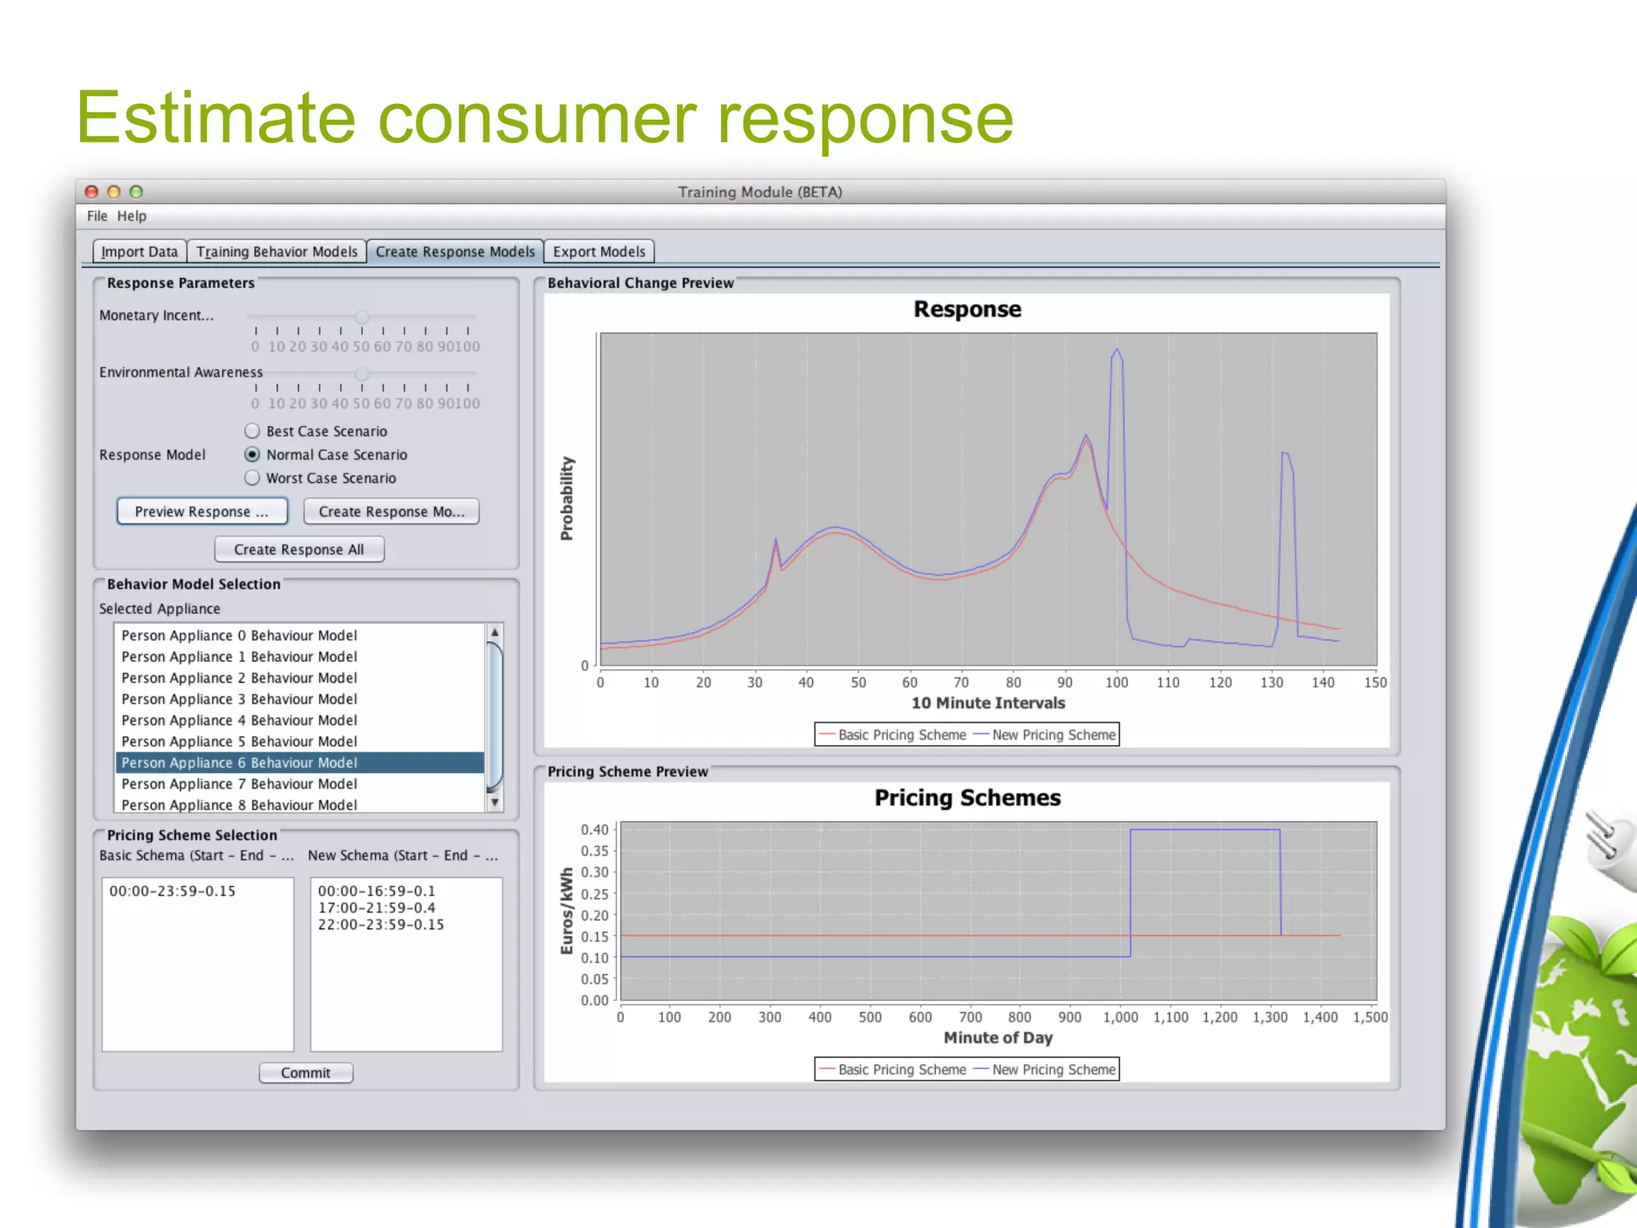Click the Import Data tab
[x=140, y=252]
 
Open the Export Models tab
[x=599, y=252]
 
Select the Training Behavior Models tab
[x=277, y=252]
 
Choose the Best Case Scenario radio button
[x=253, y=431]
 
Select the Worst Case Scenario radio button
[x=253, y=478]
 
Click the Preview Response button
[x=201, y=512]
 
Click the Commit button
[x=305, y=1073]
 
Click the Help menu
[x=132, y=216]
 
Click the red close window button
[x=92, y=192]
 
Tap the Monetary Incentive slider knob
[x=362, y=317]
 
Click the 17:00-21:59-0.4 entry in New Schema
[x=376, y=908]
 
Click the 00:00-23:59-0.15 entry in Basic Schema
[x=173, y=891]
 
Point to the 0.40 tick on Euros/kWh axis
[x=595, y=830]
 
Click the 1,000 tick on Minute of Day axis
[x=1121, y=1017]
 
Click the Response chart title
[x=967, y=309]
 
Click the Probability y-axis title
[x=567, y=499]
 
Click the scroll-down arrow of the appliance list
[x=495, y=802]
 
